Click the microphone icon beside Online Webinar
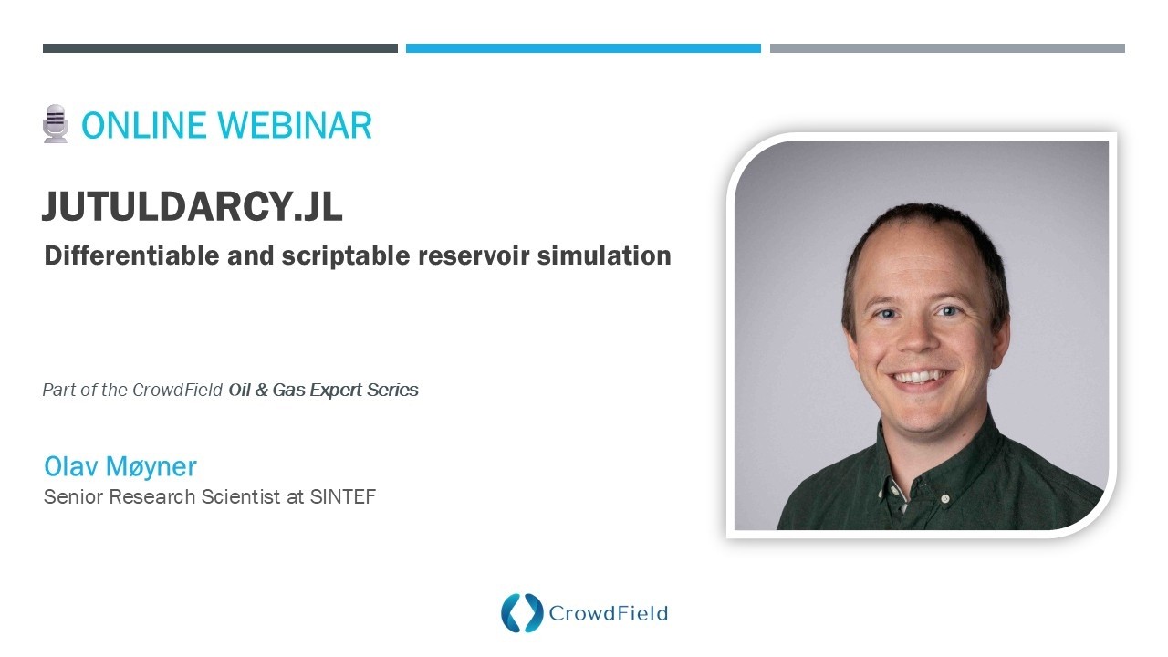56,124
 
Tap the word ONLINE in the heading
138,125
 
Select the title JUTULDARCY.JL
192,208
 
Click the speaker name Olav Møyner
120,466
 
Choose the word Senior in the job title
68,497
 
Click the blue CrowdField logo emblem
522,613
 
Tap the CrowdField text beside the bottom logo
608,613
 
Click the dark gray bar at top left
220,48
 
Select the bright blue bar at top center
583,48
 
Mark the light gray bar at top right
947,48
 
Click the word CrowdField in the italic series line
177,390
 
